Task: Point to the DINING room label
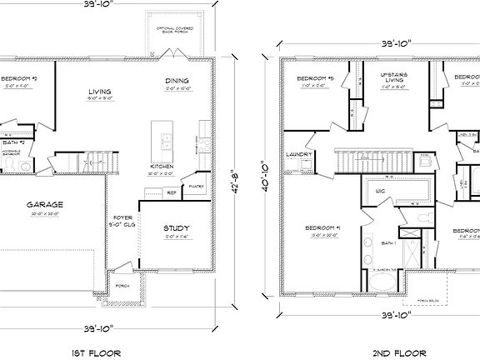click(x=176, y=81)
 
